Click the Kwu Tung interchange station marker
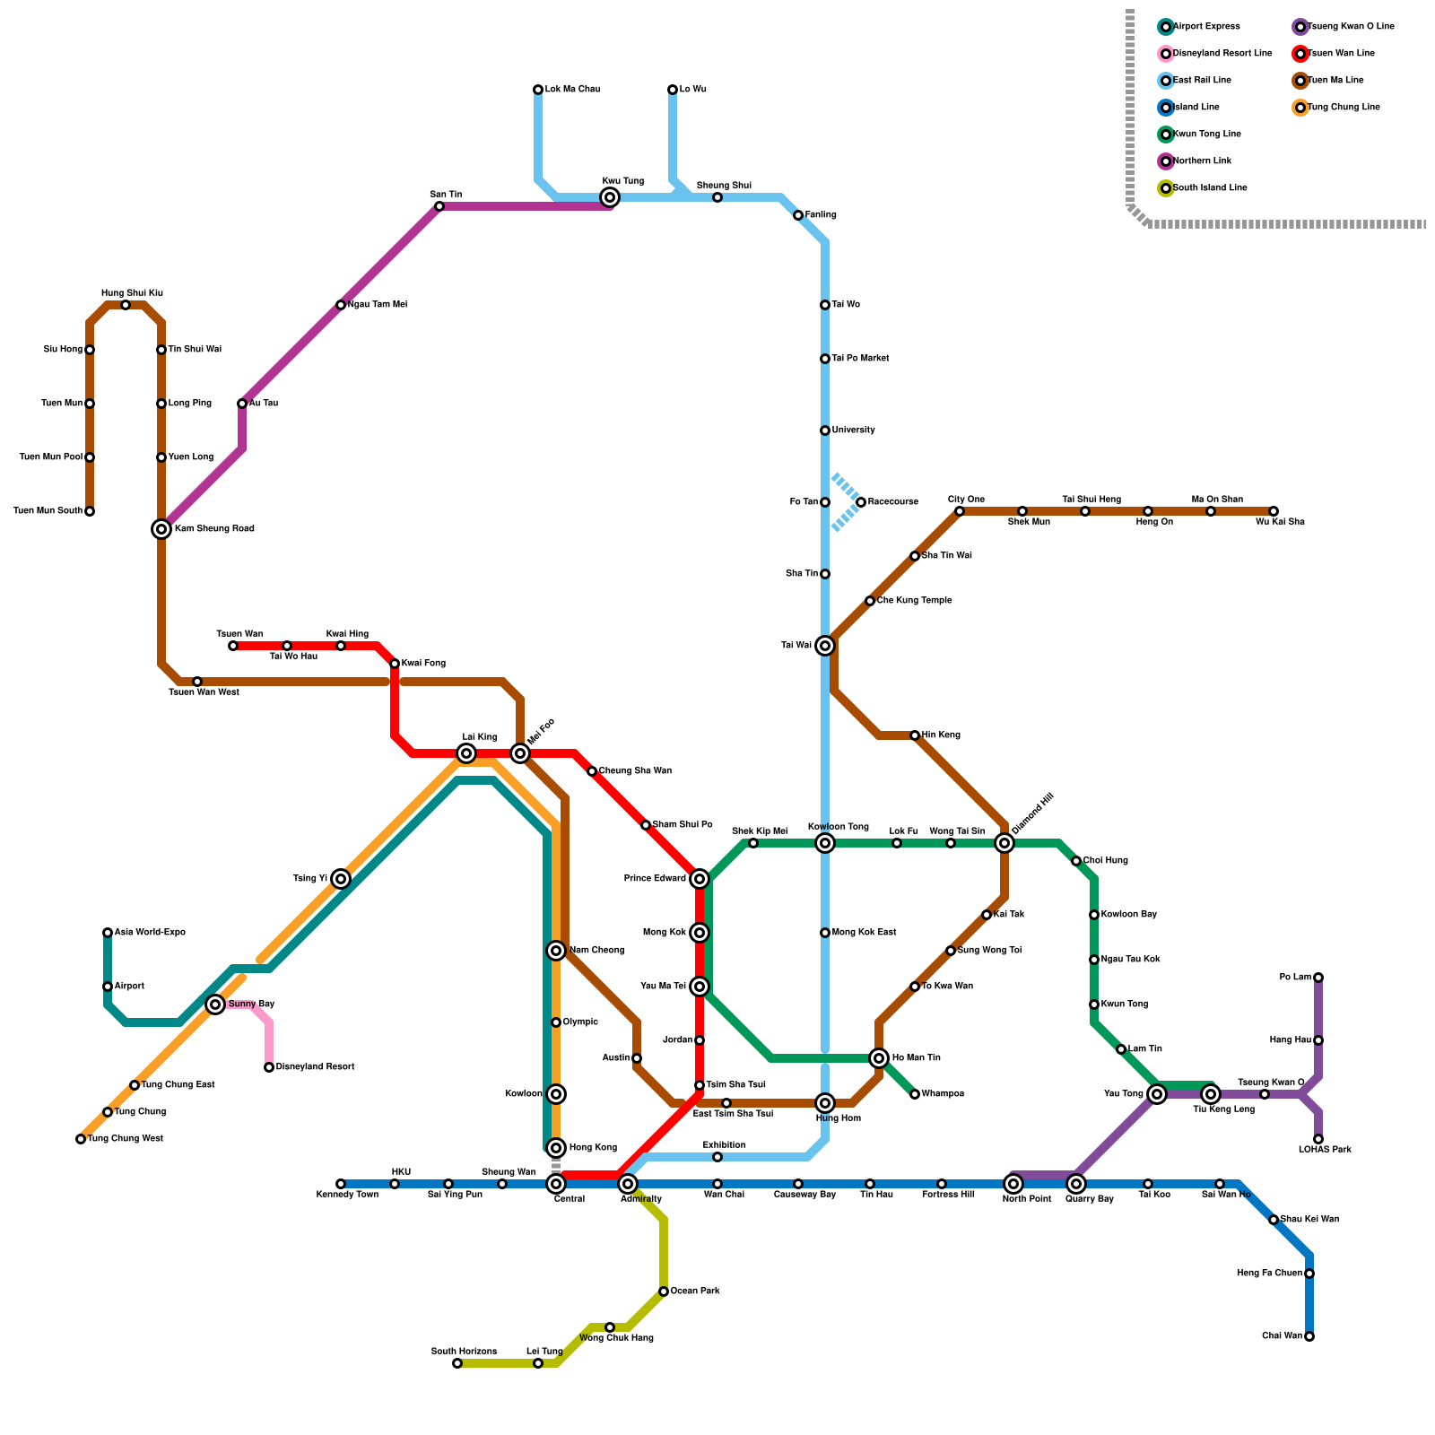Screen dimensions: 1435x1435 (x=610, y=197)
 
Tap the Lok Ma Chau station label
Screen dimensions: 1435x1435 (x=572, y=90)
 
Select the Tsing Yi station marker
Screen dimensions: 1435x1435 (x=341, y=879)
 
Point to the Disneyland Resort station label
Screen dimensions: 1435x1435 (x=315, y=1067)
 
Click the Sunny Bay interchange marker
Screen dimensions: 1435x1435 (x=215, y=1004)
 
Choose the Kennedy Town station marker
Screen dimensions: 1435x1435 (x=341, y=1184)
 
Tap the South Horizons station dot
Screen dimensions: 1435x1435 (x=457, y=1363)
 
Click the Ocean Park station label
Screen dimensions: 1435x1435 (x=695, y=1291)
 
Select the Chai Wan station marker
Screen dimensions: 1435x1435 (x=1309, y=1336)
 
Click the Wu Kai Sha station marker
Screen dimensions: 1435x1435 (x=1274, y=511)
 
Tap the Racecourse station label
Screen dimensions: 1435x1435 (x=892, y=502)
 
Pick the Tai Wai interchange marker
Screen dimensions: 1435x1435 (x=825, y=646)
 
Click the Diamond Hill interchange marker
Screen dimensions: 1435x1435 (x=1004, y=843)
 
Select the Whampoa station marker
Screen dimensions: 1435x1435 (x=915, y=1094)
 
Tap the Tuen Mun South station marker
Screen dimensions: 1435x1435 (x=90, y=511)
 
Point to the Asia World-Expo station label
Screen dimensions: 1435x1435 (x=150, y=933)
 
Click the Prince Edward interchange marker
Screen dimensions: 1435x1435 (x=700, y=879)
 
